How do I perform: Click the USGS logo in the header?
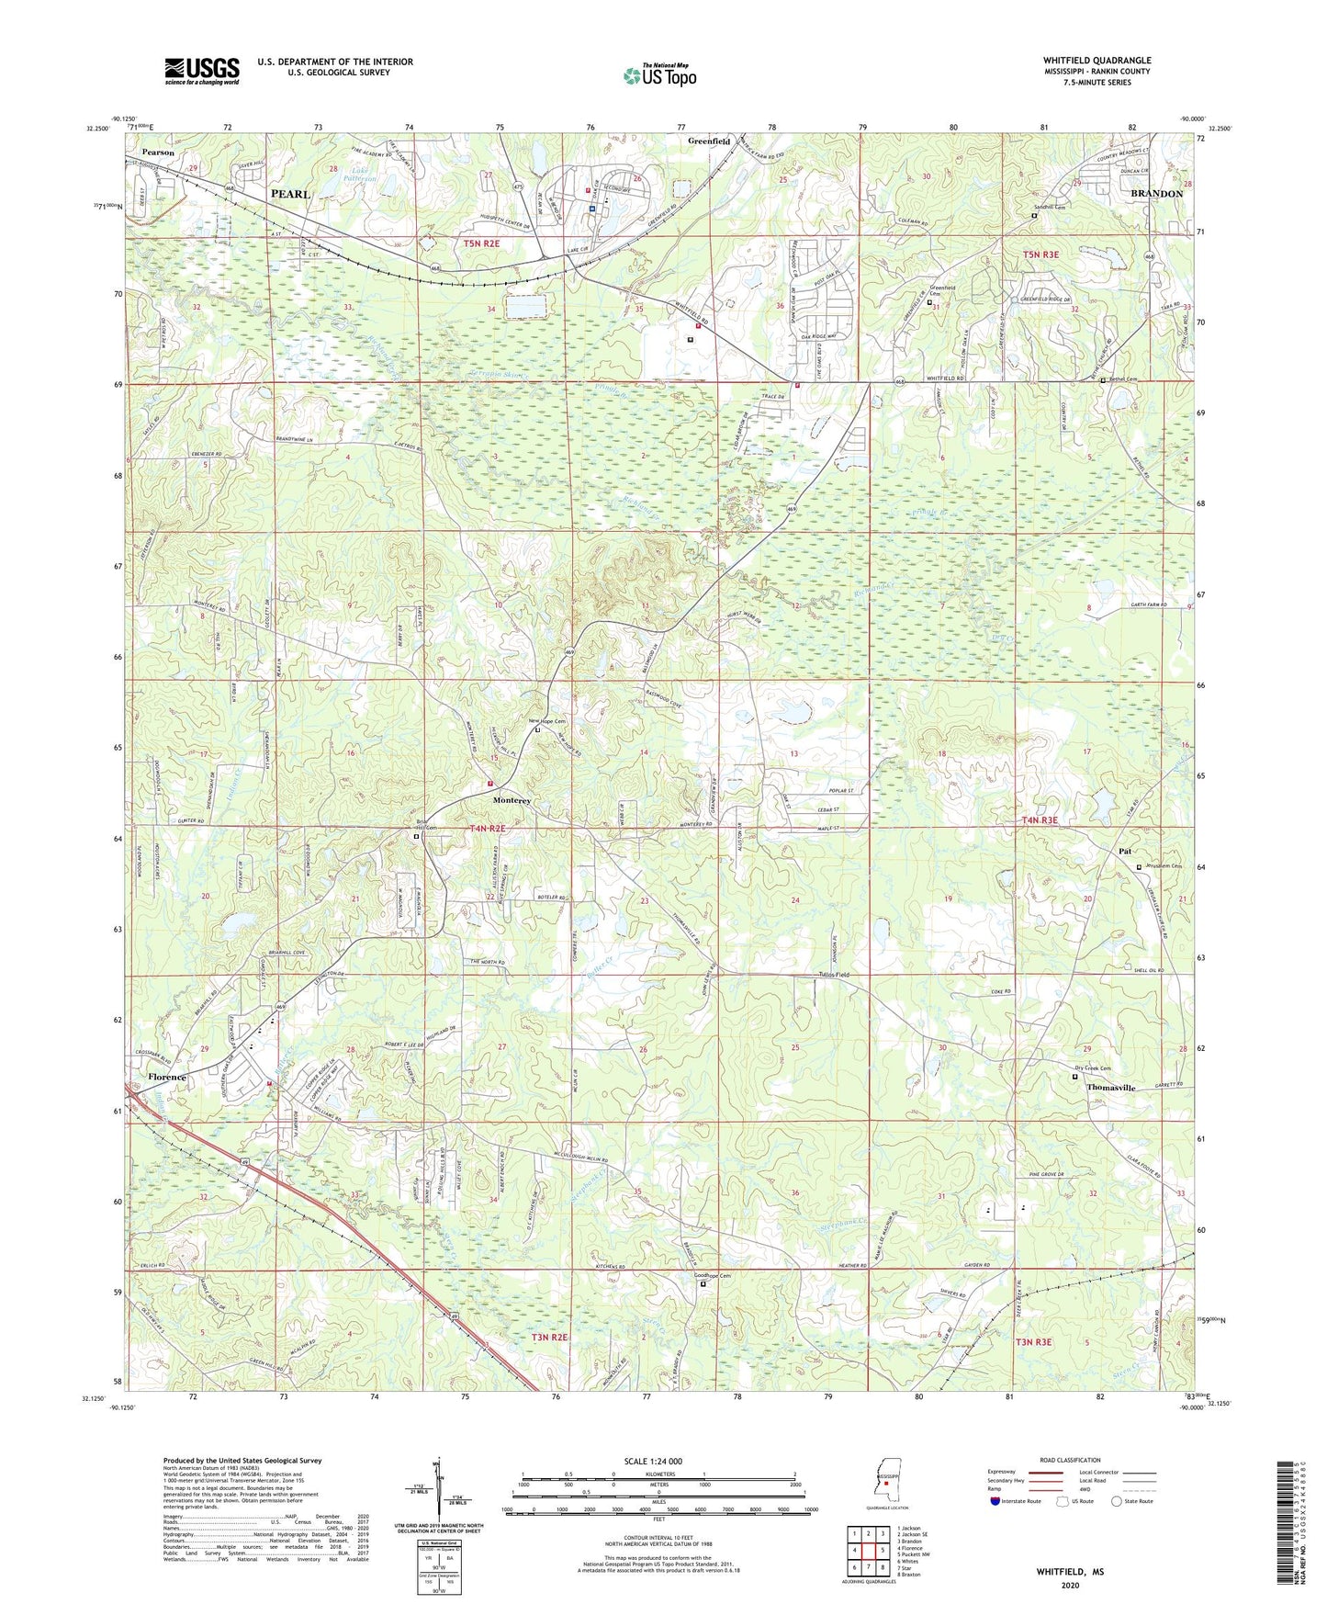click(202, 71)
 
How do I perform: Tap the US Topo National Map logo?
click(658, 75)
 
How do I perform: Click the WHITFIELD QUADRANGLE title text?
click(1096, 61)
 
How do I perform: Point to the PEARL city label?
click(290, 195)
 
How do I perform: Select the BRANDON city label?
click(1156, 194)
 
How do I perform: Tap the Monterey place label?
click(512, 800)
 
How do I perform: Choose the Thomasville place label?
click(1111, 1087)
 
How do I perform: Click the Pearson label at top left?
click(158, 152)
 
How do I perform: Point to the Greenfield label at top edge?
click(709, 141)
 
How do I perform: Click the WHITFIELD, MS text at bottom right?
click(1070, 1572)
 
